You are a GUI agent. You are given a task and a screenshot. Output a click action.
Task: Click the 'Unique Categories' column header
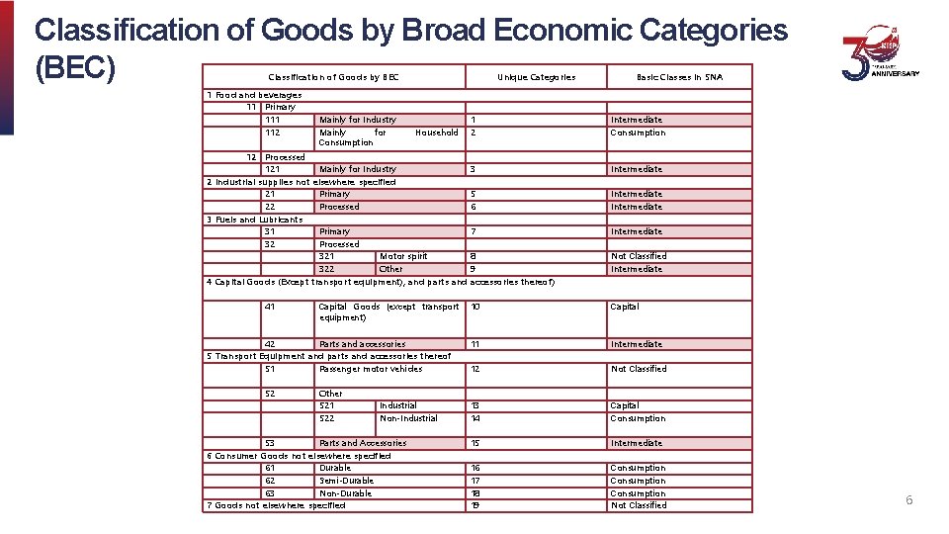536,77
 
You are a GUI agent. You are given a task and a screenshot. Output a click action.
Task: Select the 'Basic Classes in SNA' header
679,77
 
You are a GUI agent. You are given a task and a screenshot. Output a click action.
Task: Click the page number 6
908,500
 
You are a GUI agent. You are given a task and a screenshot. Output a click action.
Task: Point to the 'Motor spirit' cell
403,256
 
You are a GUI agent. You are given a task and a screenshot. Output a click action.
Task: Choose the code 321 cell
326,256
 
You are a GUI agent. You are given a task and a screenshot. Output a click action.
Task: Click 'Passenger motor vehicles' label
371,369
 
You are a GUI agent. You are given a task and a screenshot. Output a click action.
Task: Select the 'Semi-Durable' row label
346,481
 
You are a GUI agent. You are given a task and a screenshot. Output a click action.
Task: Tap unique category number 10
475,307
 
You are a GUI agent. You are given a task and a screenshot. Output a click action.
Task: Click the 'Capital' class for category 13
625,405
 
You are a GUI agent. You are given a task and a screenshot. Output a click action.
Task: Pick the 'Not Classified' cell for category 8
639,256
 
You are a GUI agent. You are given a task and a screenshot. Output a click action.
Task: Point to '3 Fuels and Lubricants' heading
255,220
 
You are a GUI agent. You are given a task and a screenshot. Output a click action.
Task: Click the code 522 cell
326,418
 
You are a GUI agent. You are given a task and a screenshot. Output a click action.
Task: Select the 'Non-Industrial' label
408,418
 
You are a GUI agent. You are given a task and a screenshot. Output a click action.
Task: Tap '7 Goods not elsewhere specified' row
276,505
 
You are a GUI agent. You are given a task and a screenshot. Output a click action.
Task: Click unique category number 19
475,505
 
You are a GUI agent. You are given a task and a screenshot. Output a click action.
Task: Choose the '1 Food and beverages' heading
254,95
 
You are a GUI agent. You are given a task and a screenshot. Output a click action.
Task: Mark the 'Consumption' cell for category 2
638,133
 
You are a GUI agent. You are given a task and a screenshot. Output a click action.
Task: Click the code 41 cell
270,307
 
